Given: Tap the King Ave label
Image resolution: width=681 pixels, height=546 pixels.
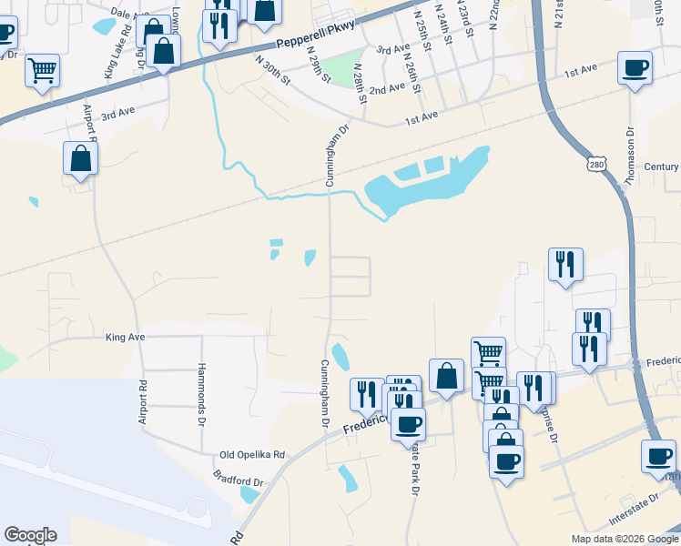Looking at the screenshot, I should tap(126, 337).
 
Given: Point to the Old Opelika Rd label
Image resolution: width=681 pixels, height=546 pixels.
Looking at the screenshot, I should tap(252, 454).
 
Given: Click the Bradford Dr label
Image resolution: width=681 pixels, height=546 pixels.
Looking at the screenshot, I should tap(238, 481).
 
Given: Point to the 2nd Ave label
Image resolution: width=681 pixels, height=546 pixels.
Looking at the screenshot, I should tap(387, 88).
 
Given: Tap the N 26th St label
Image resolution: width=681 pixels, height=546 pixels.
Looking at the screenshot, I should tap(412, 74).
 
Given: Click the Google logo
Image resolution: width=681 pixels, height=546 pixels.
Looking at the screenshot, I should tap(30, 535).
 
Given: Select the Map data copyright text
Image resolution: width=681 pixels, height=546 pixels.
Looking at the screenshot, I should tap(625, 539).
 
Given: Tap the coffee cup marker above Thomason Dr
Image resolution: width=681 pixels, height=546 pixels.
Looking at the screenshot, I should tap(635, 67).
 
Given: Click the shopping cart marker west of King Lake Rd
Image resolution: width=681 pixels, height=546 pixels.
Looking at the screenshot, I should tap(43, 70).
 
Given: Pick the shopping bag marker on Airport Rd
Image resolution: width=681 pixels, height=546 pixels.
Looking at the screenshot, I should tap(81, 158).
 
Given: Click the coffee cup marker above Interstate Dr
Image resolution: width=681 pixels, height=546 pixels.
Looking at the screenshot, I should tap(658, 457).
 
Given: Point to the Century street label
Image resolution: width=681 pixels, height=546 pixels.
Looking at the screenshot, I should tap(660, 167).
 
